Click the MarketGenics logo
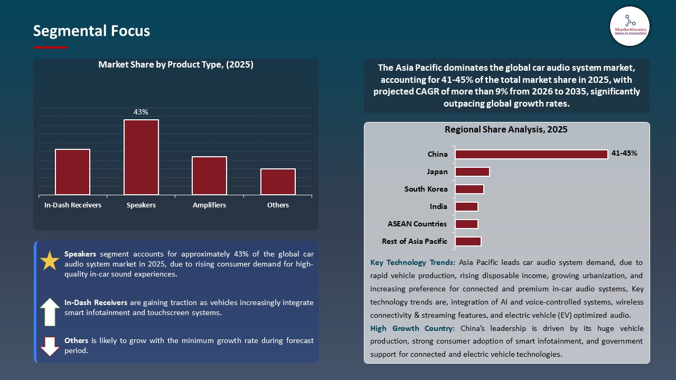click(630, 26)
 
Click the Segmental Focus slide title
click(91, 31)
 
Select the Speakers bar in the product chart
click(141, 157)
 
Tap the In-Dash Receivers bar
click(72, 172)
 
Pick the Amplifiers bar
click(209, 176)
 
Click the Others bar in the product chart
click(278, 182)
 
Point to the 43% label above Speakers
click(141, 112)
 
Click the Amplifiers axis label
click(209, 205)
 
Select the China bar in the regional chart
click(531, 154)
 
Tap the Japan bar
click(472, 172)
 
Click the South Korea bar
click(469, 189)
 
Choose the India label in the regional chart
click(438, 206)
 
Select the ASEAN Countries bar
click(466, 224)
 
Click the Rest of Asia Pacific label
click(415, 241)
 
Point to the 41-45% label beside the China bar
click(624, 154)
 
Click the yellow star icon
click(50, 261)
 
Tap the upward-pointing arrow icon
click(50, 311)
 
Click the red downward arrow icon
click(50, 346)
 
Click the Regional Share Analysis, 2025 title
click(506, 129)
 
